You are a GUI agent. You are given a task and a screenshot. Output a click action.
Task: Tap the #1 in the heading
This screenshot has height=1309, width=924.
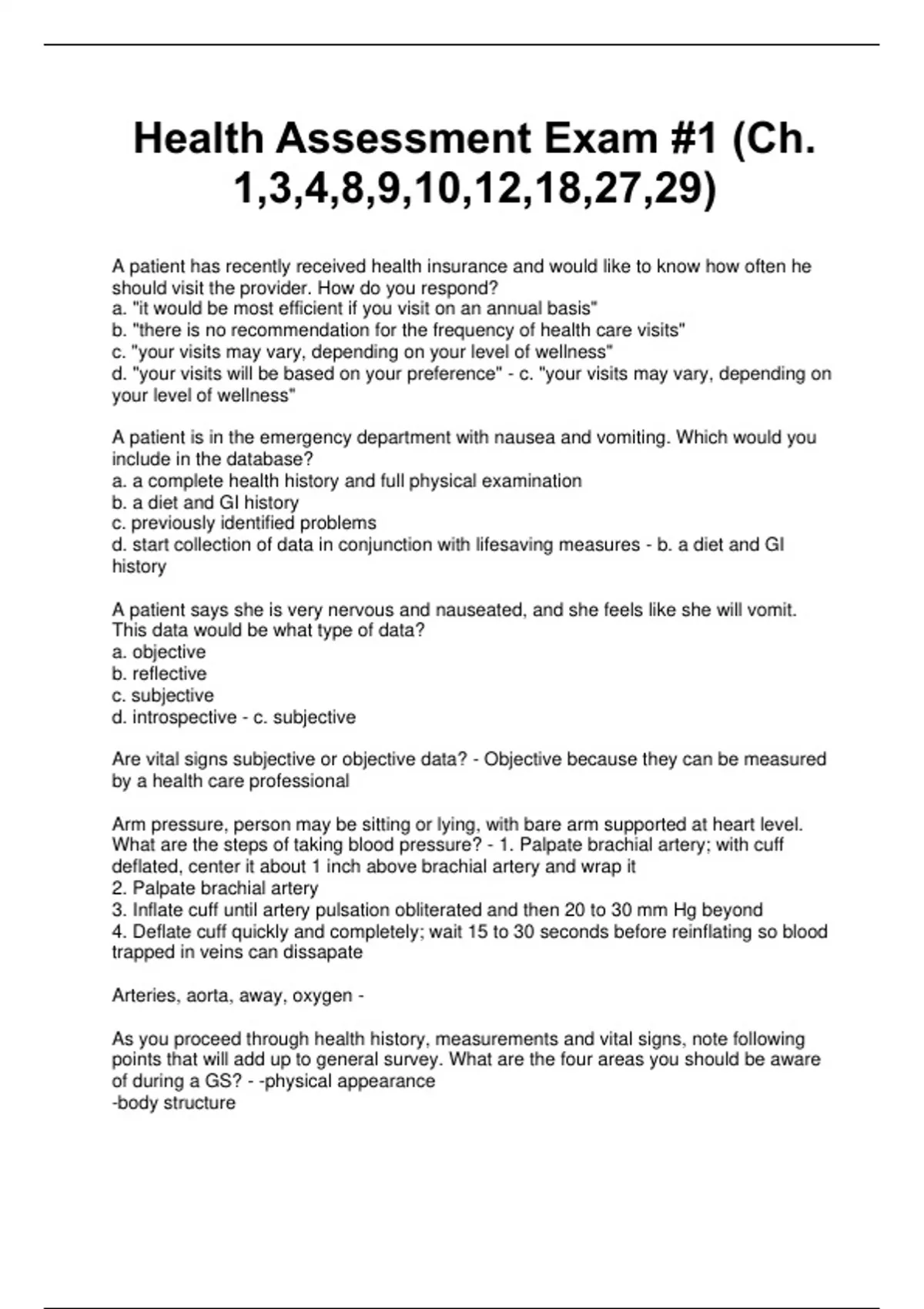click(x=695, y=139)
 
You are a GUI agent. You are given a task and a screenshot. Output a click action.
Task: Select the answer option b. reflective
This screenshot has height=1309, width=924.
click(x=159, y=674)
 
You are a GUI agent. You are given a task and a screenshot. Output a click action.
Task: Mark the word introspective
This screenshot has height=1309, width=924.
click(x=185, y=717)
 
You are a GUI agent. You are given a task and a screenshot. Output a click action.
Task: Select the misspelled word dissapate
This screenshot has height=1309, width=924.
click(x=323, y=952)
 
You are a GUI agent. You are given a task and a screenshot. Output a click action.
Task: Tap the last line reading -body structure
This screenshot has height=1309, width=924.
click(x=174, y=1103)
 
